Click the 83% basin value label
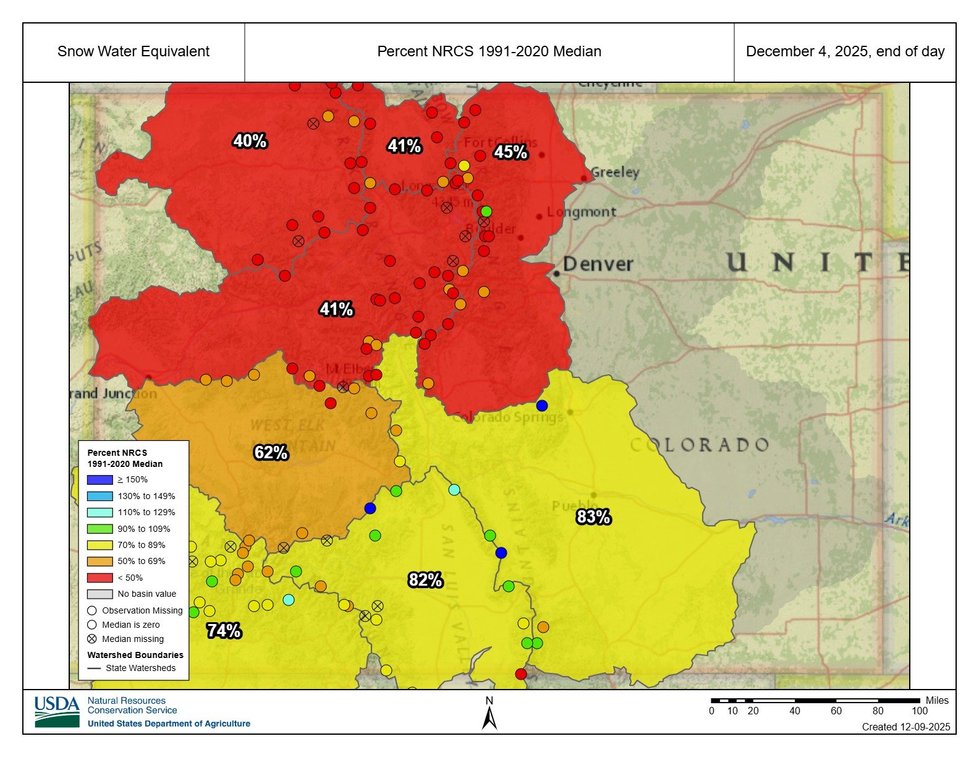coord(593,516)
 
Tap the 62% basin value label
coord(271,453)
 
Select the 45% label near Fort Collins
coord(511,152)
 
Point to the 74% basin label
coord(224,631)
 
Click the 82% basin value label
coord(425,580)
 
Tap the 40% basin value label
coord(250,141)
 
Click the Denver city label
coord(597,265)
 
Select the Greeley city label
coord(615,173)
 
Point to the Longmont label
coord(582,212)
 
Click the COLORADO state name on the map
coord(700,445)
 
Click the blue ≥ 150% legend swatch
coord(100,479)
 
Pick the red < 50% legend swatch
coord(100,578)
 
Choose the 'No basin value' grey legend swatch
coord(100,594)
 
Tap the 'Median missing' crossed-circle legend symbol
coord(92,639)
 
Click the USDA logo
coord(57,712)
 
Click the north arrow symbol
coord(489,717)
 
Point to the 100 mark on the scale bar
coord(919,711)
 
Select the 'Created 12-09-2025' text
coord(905,727)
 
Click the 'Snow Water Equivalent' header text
coord(133,52)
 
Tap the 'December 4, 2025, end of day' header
coord(845,52)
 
